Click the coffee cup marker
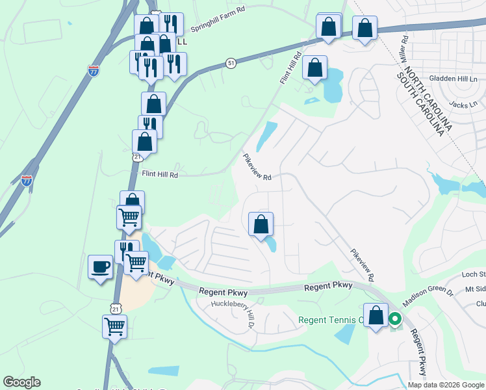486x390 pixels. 100,267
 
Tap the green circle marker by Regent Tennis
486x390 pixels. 394,319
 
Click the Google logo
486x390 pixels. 21,382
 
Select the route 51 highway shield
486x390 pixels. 231,62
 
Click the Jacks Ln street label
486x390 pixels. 463,103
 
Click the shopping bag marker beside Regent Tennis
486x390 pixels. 376,316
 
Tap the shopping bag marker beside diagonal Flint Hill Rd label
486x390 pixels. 315,68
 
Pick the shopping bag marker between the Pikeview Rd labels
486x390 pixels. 261,224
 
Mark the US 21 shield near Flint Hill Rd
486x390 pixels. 137,158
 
